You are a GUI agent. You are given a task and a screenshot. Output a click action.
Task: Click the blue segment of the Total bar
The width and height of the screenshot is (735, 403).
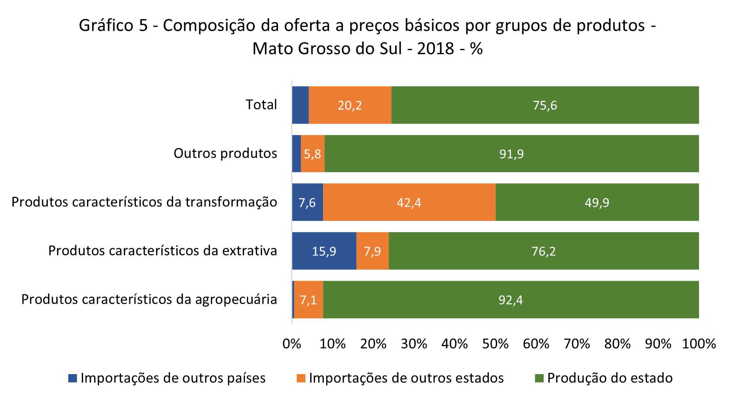point(300,105)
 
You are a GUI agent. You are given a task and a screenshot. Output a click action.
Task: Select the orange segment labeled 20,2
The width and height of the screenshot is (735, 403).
point(350,105)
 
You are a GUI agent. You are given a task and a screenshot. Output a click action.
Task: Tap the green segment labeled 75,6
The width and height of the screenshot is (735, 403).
point(545,105)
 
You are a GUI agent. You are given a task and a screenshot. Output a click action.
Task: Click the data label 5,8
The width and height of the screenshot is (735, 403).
point(312,154)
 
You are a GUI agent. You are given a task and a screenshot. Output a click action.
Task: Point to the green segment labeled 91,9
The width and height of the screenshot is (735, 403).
point(511,154)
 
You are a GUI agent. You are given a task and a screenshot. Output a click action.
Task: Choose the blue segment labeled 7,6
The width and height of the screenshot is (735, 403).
point(307,202)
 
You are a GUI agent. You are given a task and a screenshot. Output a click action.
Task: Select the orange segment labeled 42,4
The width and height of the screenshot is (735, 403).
point(409,202)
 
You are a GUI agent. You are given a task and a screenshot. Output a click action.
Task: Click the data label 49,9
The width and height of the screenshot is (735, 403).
point(597,203)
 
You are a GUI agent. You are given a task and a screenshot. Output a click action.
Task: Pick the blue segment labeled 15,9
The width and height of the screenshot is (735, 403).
point(324,251)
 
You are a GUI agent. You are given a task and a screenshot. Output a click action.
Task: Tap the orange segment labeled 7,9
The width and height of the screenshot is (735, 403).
point(372,251)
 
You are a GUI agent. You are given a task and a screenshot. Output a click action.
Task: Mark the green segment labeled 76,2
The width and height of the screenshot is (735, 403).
point(544,251)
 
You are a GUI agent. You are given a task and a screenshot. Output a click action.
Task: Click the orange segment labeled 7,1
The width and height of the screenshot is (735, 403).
point(308,300)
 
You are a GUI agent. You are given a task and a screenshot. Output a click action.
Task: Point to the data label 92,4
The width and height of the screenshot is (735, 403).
point(511,300)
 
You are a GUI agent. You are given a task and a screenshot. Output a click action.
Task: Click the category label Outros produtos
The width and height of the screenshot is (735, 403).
point(225,153)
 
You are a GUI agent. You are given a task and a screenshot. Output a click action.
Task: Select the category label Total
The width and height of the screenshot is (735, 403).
point(261,105)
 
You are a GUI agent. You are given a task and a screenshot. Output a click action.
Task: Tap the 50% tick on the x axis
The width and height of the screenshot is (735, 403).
point(495,344)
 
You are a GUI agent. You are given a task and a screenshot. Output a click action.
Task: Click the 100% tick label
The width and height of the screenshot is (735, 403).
point(699,344)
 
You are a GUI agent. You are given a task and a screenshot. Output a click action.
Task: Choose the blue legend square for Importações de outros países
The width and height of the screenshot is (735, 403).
point(72,378)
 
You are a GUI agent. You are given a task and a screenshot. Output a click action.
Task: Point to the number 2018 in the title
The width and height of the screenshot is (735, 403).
point(435,49)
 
